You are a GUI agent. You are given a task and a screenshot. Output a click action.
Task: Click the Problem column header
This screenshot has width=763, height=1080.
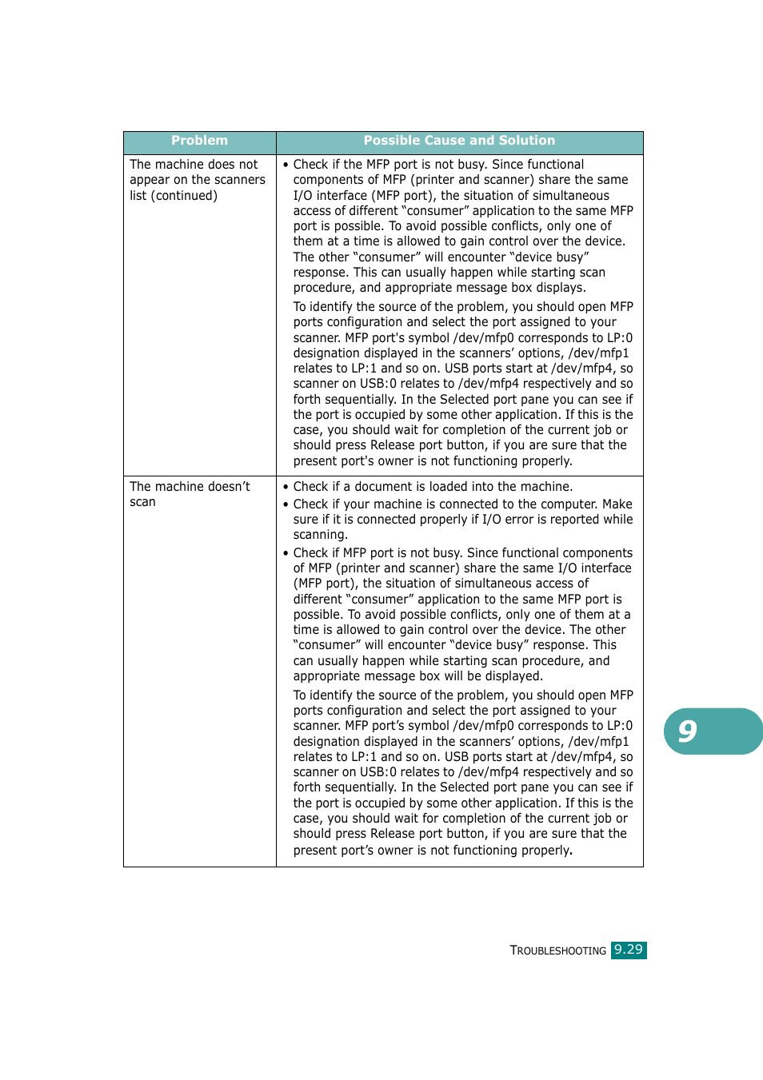pos(199,141)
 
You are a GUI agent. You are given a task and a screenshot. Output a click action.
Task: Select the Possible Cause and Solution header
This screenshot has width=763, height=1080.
pos(459,141)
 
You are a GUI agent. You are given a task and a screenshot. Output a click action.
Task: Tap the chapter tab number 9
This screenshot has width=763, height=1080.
pos(688,731)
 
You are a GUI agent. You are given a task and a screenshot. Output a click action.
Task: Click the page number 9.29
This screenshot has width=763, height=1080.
pos(629,950)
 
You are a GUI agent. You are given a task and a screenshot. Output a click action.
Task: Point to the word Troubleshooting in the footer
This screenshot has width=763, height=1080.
pos(558,950)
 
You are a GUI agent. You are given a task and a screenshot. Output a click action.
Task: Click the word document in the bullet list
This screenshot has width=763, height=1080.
pos(386,487)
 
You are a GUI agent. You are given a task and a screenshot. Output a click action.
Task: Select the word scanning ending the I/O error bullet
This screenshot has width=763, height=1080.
pos(320,535)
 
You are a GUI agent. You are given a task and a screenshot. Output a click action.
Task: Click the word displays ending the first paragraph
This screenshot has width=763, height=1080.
pos(560,288)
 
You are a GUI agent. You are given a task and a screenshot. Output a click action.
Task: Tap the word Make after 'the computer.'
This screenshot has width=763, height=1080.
pos(617,504)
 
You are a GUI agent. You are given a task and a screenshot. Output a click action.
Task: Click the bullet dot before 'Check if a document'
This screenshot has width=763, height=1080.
pos(286,487)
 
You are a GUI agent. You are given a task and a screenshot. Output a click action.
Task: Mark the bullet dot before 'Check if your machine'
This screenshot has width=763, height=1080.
pos(286,504)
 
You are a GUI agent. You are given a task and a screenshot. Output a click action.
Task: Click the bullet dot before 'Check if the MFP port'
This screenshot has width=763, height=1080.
pos(286,165)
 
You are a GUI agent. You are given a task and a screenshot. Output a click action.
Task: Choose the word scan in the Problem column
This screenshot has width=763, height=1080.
pos(142,502)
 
